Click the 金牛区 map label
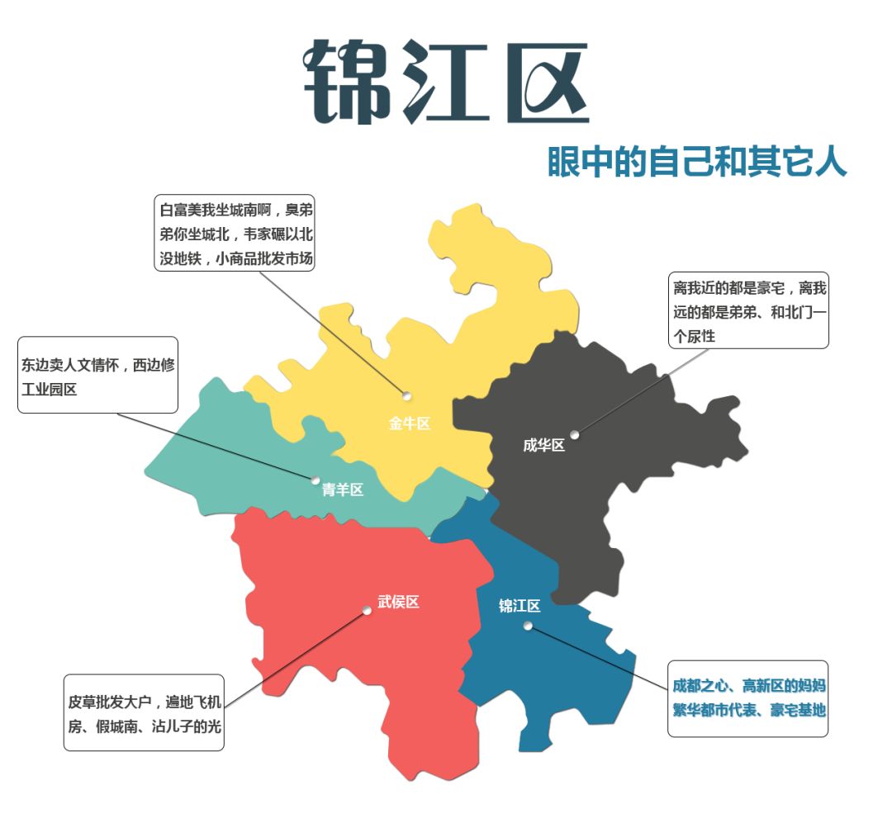(410, 424)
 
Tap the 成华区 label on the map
(543, 446)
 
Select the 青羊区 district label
(342, 490)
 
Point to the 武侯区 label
(398, 603)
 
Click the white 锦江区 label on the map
(520, 606)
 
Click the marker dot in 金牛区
(406, 396)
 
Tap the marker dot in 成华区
(574, 434)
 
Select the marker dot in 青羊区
(316, 480)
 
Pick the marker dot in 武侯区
(367, 611)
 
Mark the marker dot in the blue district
(528, 626)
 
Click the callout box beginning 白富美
(235, 233)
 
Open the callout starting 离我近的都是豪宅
(748, 311)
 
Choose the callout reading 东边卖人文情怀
(97, 375)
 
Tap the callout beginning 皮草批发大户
(144, 713)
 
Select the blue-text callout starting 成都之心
(748, 697)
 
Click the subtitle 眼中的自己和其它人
(697, 163)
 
